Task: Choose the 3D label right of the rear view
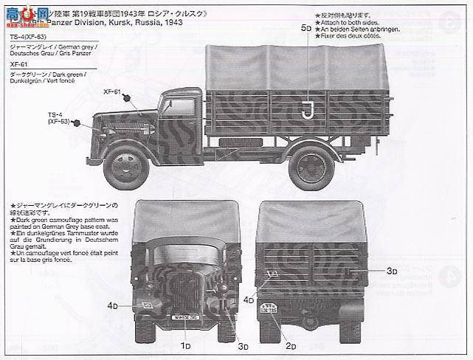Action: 390,271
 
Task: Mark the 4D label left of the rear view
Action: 246,300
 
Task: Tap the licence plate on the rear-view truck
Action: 267,309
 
